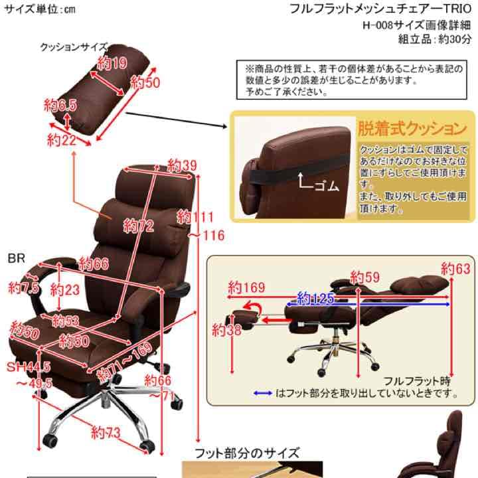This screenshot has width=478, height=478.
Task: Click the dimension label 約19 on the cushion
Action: [x=112, y=64]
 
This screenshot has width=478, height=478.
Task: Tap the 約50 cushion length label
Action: [x=145, y=83]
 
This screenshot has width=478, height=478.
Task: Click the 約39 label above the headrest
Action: [x=183, y=164]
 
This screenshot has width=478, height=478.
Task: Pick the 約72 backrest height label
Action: [x=138, y=226]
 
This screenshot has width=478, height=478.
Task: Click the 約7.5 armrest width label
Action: [x=24, y=287]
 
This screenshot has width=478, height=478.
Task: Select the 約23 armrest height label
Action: [x=66, y=290]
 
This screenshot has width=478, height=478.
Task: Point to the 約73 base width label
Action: [x=107, y=434]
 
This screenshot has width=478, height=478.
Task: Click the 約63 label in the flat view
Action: [x=455, y=269]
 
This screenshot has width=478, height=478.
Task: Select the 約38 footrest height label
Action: [x=226, y=329]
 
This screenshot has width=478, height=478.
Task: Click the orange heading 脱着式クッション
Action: [x=412, y=127]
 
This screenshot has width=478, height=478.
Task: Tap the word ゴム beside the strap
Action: [x=326, y=186]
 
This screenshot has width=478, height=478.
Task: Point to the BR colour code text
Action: [x=16, y=258]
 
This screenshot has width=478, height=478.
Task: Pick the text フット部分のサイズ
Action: [x=247, y=454]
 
